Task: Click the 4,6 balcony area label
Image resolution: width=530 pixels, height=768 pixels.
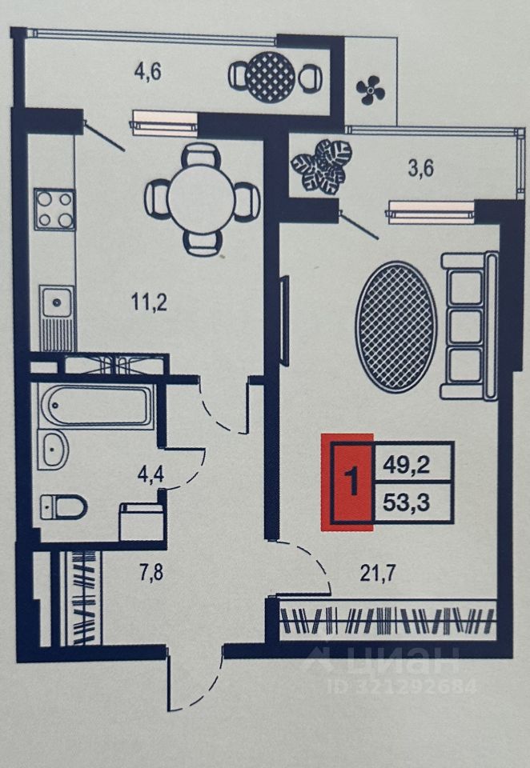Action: [x=148, y=70]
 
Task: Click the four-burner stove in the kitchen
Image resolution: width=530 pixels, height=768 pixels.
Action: [x=54, y=208]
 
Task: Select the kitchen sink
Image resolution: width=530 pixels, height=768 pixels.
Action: [x=55, y=304]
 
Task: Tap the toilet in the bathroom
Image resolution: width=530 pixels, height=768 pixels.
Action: [x=64, y=506]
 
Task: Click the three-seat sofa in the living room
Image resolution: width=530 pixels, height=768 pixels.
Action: [x=470, y=326]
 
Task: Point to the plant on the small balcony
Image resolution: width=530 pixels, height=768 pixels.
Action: [x=322, y=166]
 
